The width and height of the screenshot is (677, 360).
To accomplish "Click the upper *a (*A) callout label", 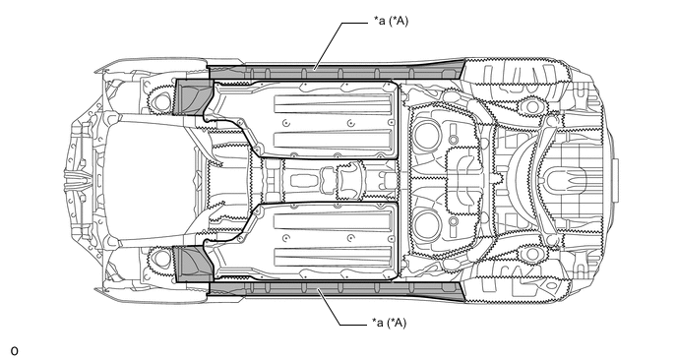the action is tap(391, 21).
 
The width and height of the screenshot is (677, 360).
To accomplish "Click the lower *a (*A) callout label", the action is tap(389, 323).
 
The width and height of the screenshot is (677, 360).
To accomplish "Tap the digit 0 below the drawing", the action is tap(14, 351).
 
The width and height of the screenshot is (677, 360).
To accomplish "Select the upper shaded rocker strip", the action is tap(336, 71).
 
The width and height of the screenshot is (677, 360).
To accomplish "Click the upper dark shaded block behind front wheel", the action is tap(193, 97).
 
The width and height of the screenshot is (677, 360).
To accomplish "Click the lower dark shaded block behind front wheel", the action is tap(193, 264).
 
